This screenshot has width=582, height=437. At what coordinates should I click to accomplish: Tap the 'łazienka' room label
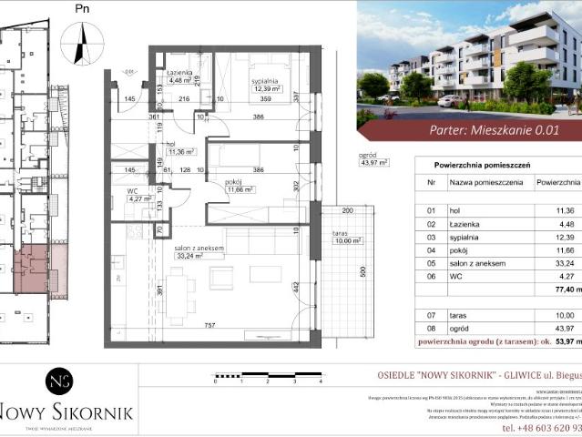point(178,72)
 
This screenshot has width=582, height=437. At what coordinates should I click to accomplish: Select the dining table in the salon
point(179,296)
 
